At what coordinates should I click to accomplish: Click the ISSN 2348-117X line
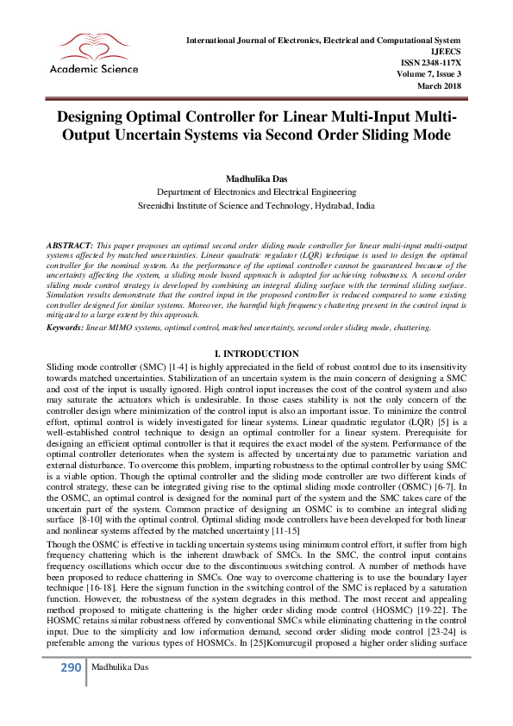coord(431,63)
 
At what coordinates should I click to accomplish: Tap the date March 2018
coord(439,85)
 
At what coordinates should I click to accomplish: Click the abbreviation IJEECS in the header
coord(446,52)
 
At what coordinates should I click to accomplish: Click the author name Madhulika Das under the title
coord(256,178)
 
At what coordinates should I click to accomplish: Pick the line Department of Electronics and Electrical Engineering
coord(256,191)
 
